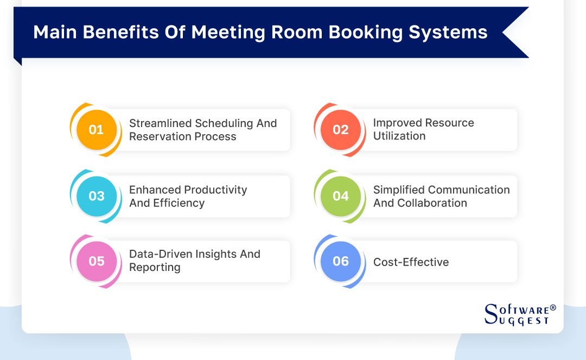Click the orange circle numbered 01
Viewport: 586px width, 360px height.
pos(96,130)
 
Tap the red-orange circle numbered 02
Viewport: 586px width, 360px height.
pos(340,130)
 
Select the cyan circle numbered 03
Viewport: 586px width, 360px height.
pos(96,196)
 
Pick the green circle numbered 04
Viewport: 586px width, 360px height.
pos(340,196)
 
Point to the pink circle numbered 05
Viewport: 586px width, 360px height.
pos(96,261)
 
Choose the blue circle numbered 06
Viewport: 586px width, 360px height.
pos(340,261)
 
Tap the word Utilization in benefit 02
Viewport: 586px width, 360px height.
pos(399,136)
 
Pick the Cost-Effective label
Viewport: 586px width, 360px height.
pos(411,262)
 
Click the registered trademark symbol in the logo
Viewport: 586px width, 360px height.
pos(553,308)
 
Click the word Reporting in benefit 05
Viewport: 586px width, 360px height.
pos(155,267)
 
